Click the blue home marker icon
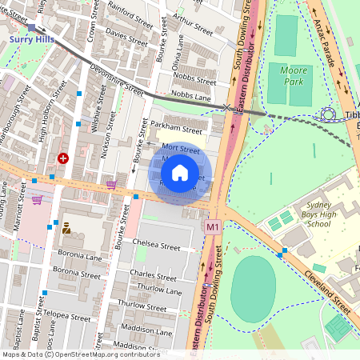(x=180, y=173)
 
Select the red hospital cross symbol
(x=62, y=158)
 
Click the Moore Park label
(x=293, y=76)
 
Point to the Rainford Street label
(x=130, y=16)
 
